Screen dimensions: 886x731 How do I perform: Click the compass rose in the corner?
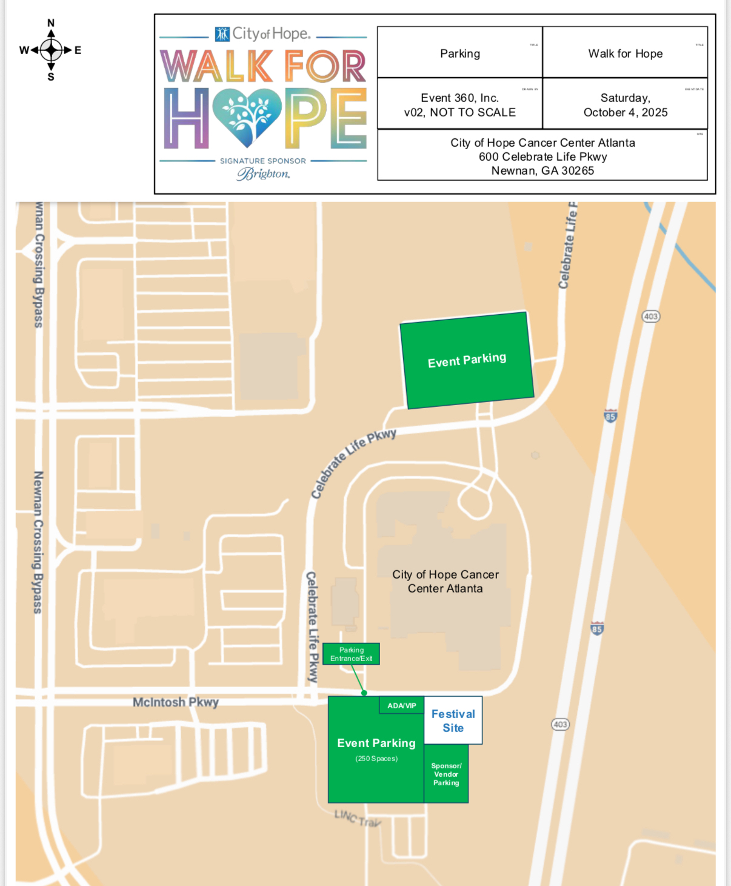click(x=51, y=50)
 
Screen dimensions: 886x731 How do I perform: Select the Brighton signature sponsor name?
click(x=263, y=174)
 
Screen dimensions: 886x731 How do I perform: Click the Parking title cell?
click(x=459, y=53)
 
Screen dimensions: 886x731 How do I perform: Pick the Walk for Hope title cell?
click(x=625, y=53)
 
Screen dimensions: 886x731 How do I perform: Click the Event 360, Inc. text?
click(x=459, y=98)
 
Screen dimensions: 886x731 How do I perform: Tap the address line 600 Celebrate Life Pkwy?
click(x=542, y=156)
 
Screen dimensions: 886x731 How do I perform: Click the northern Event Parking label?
click(x=467, y=360)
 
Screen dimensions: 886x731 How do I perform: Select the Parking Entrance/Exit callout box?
click(x=351, y=654)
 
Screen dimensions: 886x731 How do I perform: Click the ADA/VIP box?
click(x=402, y=705)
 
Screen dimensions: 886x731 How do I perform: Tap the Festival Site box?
click(x=453, y=720)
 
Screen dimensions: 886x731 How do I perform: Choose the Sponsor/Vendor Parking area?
click(x=446, y=774)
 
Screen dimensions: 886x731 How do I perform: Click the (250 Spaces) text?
click(x=376, y=759)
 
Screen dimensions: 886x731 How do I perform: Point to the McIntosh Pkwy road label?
click(x=175, y=702)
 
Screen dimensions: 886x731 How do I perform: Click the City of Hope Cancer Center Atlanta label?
click(x=446, y=581)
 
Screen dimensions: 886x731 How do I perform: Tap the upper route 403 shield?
click(x=650, y=316)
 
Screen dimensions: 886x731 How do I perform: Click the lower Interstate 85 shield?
click(x=597, y=628)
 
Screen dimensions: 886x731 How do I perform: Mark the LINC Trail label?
click(x=358, y=818)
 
